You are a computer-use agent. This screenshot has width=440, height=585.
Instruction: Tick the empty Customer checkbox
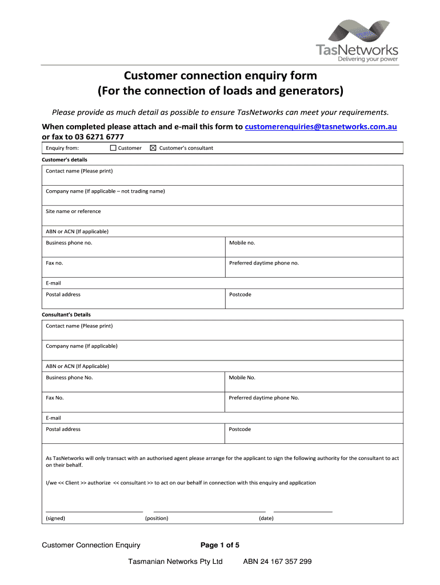(113, 148)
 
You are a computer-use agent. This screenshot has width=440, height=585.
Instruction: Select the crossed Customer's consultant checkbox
(153, 148)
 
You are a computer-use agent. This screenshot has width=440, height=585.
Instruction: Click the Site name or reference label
(73, 211)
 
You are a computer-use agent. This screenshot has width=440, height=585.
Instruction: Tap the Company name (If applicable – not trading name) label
(105, 191)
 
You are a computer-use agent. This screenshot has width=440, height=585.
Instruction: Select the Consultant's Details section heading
(66, 315)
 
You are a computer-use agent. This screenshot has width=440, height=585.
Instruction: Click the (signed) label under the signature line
(55, 518)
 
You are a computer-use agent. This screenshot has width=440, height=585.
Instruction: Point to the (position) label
(157, 518)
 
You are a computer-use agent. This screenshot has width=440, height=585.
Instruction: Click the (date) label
(266, 518)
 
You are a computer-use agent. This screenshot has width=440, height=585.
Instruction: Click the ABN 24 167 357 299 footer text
(277, 562)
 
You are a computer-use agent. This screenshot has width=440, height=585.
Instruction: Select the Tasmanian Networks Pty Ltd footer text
(175, 562)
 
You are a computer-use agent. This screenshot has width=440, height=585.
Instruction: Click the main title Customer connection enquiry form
(221, 76)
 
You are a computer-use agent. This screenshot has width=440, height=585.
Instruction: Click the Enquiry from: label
(62, 148)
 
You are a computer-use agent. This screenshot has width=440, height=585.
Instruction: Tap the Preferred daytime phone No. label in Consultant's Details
(264, 398)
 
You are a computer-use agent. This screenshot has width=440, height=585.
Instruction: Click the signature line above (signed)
(94, 511)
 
